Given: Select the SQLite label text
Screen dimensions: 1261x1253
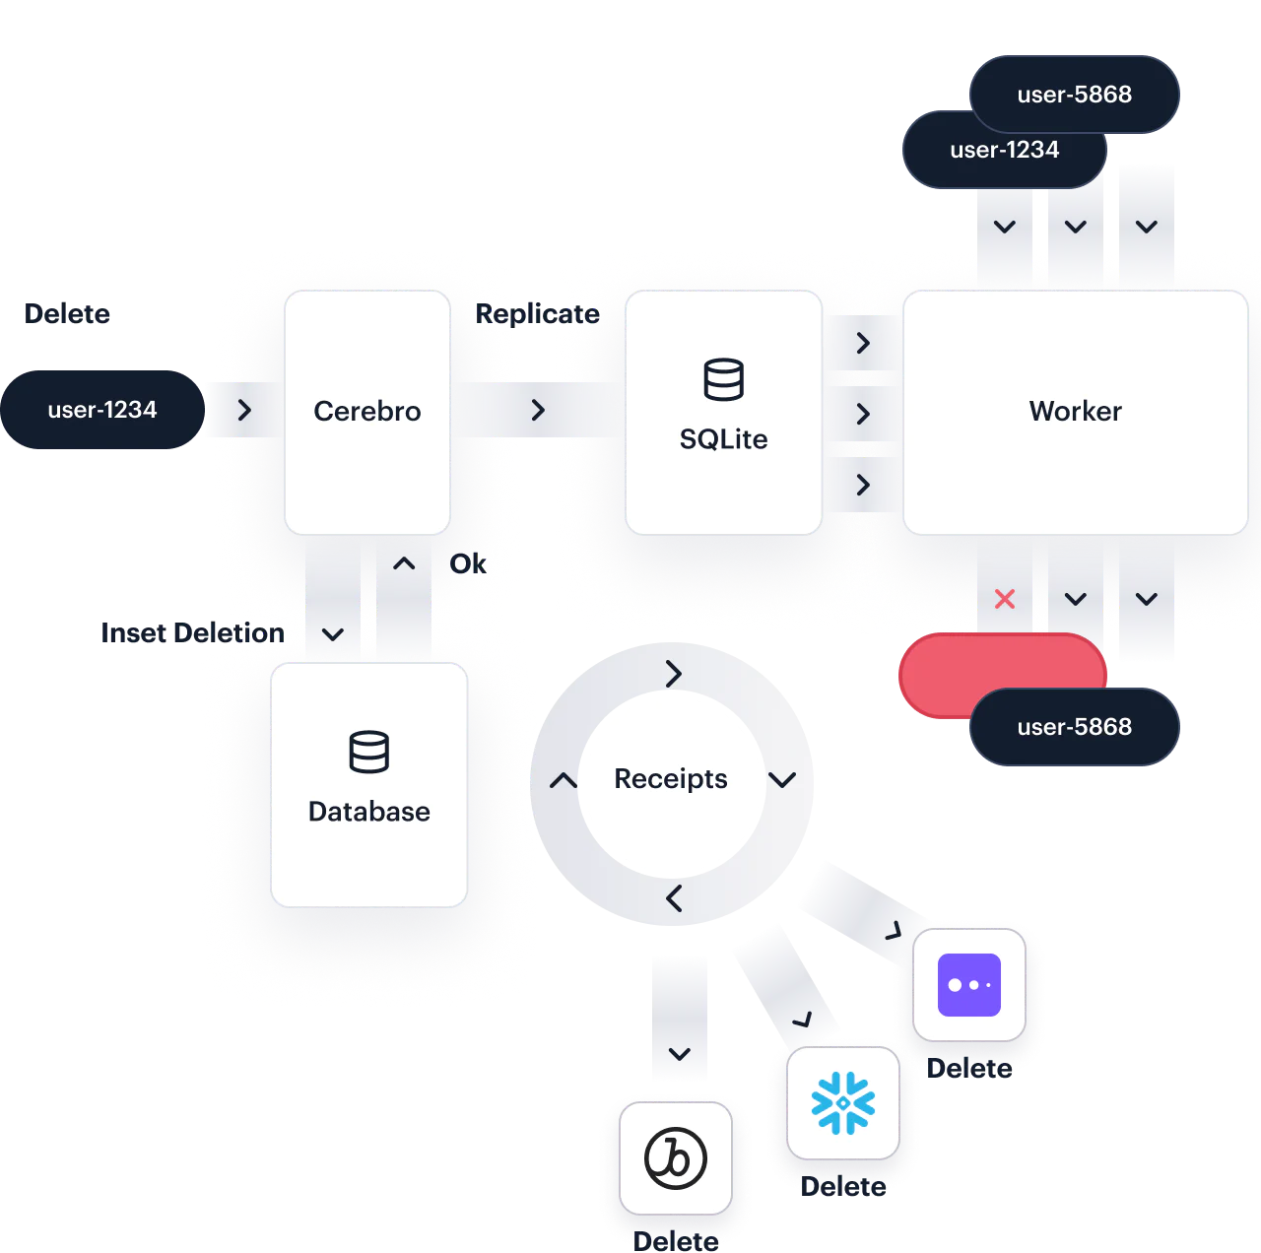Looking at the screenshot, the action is pyautogui.click(x=723, y=439).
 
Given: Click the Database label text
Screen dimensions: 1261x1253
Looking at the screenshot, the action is pyautogui.click(x=368, y=812).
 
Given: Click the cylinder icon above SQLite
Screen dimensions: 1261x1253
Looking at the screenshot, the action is pyautogui.click(x=723, y=380).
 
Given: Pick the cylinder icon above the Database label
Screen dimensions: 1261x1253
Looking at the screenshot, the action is pyautogui.click(x=368, y=753).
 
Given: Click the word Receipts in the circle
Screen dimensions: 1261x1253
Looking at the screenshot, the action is pyautogui.click(x=670, y=779).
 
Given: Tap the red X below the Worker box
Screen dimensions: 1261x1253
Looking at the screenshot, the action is pyautogui.click(x=1004, y=599).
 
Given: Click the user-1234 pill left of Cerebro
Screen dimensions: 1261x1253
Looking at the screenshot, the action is pyautogui.click(x=101, y=410).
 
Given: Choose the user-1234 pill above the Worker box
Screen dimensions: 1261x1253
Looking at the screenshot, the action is pyautogui.click(x=1003, y=151).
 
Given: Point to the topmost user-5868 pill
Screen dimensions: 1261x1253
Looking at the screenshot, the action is pyautogui.click(x=1074, y=95).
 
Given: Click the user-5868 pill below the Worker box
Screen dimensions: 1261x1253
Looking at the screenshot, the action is pyautogui.click(x=1074, y=727).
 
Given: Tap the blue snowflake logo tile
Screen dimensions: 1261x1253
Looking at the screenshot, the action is pyautogui.click(x=842, y=1103).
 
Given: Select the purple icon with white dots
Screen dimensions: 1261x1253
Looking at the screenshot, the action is pyautogui.click(x=968, y=985).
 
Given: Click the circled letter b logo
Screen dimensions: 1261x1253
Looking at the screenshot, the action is pyautogui.click(x=675, y=1157).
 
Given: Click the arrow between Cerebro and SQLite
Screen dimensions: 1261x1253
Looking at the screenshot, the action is pyautogui.click(x=538, y=410).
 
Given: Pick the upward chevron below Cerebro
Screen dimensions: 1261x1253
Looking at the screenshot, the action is pyautogui.click(x=404, y=564).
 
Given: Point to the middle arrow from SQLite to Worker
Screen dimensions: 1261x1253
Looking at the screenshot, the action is pyautogui.click(x=863, y=414).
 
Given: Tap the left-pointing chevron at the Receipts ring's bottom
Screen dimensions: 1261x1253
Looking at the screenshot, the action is pyautogui.click(x=674, y=898).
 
